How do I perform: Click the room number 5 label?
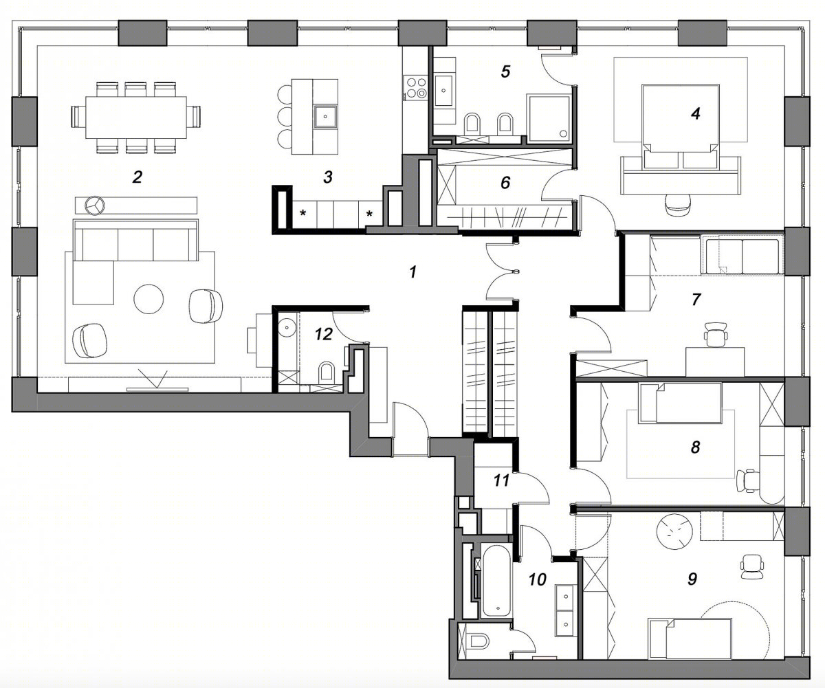click(505, 71)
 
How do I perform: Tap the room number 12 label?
click(324, 335)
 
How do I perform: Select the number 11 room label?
click(501, 480)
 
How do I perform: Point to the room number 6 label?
click(505, 182)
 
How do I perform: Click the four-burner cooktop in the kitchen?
click(417, 88)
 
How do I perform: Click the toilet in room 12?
click(327, 372)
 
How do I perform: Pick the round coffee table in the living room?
click(148, 299)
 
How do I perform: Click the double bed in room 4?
click(681, 126)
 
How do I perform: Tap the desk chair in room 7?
click(716, 334)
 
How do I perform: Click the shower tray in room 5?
click(549, 118)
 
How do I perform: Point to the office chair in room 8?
click(747, 480)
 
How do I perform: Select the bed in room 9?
click(690, 641)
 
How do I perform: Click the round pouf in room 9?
click(674, 531)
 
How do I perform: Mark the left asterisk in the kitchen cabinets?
click(303, 214)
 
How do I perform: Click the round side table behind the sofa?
click(95, 206)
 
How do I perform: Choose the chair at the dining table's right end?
click(195, 117)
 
